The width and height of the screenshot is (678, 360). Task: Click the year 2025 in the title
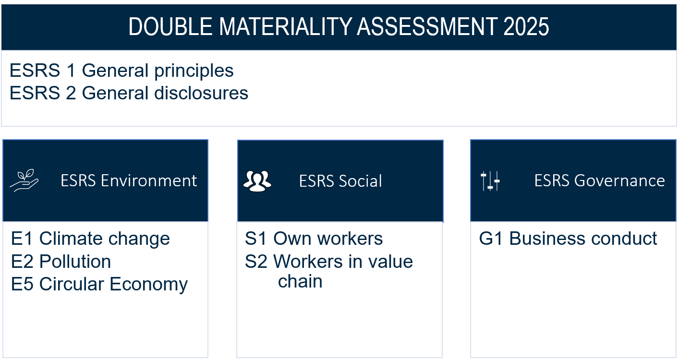pos(526,26)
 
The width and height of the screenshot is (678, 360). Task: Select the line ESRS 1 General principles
pos(121,71)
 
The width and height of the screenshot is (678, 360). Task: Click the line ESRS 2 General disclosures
pos(129,93)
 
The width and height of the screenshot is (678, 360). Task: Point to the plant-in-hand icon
pos(24,180)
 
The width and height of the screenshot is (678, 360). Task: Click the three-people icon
pos(257,181)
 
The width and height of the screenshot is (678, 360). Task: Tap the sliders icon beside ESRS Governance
pos(490,181)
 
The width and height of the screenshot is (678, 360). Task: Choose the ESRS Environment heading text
pos(129,180)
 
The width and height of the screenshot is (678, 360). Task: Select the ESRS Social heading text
pos(340,181)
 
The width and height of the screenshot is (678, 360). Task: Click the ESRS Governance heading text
pos(599,180)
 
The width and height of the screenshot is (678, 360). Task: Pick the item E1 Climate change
pos(90,239)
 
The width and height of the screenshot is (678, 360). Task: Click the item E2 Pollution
pos(61,262)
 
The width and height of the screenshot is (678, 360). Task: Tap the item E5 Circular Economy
pos(99,284)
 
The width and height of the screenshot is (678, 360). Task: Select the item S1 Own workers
pos(314,239)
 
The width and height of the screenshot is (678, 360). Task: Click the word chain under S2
pos(300,281)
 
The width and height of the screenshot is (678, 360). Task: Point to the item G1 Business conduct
pos(568,239)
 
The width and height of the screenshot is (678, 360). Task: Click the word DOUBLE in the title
pos(170,26)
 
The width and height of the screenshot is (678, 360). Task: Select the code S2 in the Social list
pos(256,262)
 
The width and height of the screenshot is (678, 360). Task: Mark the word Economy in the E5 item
pos(148,285)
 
